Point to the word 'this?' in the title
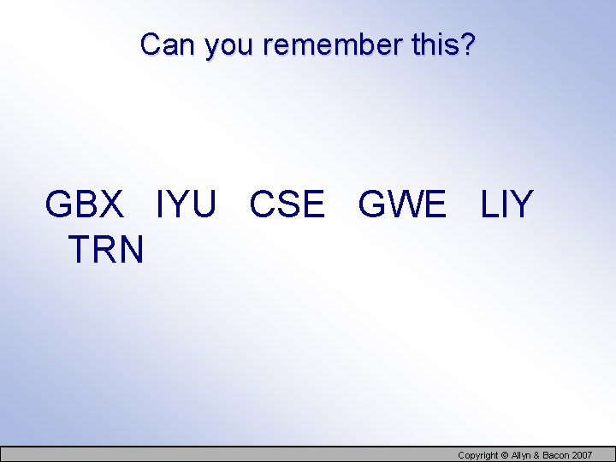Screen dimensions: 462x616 coord(442,44)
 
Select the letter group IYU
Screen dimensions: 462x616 coord(186,205)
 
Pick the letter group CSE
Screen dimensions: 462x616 coord(287,205)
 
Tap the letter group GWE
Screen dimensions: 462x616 coord(402,205)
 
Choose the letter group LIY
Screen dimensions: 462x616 coord(507,205)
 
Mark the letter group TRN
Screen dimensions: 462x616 coord(106,250)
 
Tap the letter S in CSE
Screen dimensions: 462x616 coord(288,205)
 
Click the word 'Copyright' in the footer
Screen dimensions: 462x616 coord(477,455)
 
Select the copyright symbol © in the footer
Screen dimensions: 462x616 coord(505,455)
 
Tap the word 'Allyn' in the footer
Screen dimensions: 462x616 coord(522,455)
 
